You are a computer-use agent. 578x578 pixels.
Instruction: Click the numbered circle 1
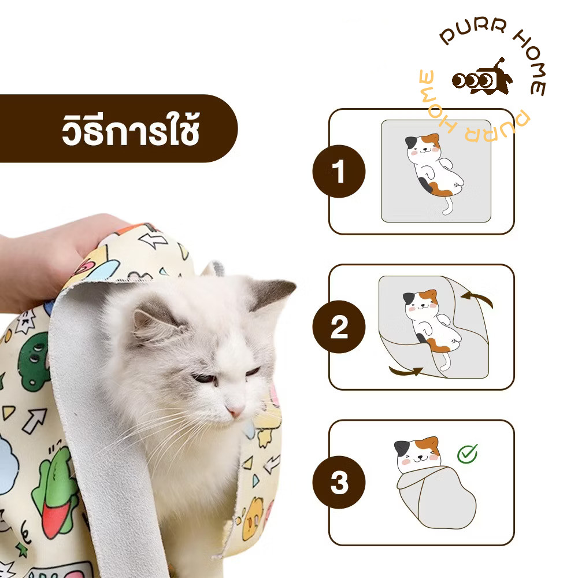pos(339,171)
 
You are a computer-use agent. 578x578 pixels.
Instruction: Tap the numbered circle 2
pos(339,327)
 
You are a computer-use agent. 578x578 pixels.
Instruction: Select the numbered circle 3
pos(339,482)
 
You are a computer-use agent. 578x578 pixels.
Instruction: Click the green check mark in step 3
pos(468,453)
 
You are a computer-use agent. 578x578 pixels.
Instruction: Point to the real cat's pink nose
pos(235,410)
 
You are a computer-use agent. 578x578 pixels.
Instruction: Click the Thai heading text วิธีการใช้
pos(131,129)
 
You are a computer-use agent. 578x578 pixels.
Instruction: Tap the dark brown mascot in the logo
pos(482,78)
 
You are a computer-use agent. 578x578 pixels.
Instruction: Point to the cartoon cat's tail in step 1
pos(447,205)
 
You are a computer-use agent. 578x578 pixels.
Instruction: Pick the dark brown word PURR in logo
pos(473,31)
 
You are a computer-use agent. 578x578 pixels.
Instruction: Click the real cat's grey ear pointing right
pos(271,292)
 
